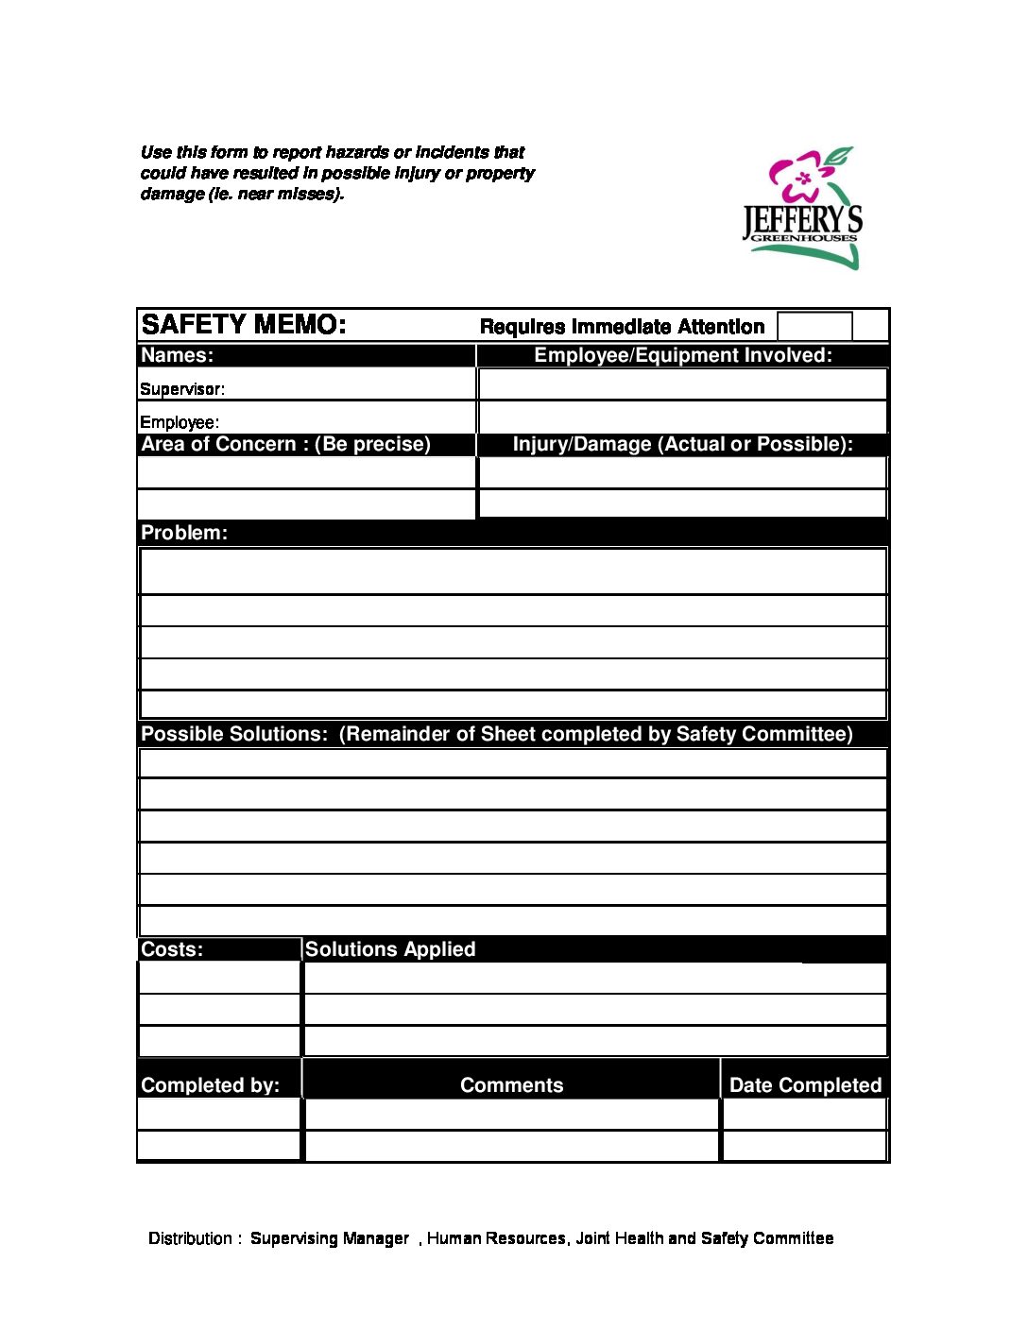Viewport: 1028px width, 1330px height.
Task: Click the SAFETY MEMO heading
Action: coord(243,325)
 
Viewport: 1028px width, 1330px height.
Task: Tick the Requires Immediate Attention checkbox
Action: coord(814,326)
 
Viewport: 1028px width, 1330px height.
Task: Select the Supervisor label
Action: coord(182,389)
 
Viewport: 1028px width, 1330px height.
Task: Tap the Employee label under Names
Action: coord(180,422)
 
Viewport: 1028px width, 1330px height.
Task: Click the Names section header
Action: coord(178,356)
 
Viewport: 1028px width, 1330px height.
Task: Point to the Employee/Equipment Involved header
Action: coord(682,356)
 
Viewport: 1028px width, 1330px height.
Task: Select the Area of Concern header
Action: coord(285,445)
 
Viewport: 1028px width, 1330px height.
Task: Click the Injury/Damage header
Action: coord(682,445)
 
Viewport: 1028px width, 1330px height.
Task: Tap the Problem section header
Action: coord(184,533)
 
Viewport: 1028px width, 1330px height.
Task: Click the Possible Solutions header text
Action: coord(496,734)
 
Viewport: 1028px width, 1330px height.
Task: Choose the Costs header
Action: coord(172,949)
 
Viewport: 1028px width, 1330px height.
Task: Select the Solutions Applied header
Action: coord(390,949)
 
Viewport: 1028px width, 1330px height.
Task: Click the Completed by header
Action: coord(210,1085)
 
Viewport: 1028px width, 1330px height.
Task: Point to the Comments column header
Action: coord(511,1085)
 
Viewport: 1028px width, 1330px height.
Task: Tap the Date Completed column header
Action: coord(805,1085)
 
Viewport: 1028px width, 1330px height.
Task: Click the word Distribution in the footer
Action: coord(190,1238)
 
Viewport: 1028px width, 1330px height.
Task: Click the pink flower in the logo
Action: coord(799,177)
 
